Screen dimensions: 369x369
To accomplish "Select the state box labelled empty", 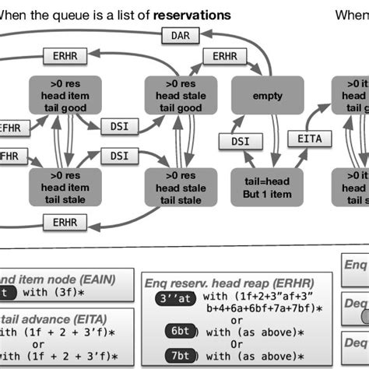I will pos(267,96).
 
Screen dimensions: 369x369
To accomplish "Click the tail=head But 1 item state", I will pos(267,186).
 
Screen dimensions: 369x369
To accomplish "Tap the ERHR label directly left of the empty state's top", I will pos(224,57).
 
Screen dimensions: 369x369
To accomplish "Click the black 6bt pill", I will pos(178,330).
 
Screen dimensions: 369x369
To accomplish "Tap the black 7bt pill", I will pos(178,355).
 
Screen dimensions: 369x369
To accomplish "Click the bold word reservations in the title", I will pos(192,15).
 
